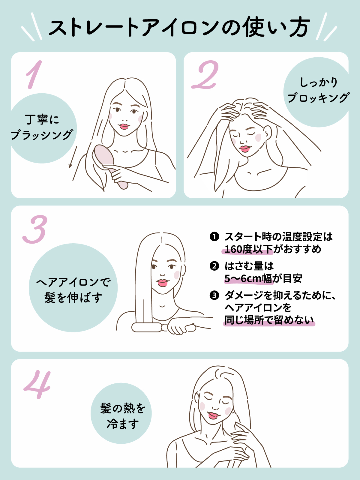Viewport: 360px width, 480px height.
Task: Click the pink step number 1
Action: [x=34, y=75]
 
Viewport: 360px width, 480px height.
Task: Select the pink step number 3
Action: [x=35, y=229]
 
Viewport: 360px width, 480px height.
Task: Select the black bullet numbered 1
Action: [x=214, y=237]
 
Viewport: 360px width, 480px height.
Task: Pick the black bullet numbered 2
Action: [x=214, y=266]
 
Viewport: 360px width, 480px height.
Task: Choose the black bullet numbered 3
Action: [x=214, y=295]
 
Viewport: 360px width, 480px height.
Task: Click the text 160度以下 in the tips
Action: [x=248, y=249]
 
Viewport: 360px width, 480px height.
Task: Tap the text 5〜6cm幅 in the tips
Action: [x=248, y=279]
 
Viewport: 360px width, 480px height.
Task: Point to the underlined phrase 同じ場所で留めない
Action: [x=269, y=320]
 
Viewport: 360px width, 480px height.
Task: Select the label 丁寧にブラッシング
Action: [x=42, y=127]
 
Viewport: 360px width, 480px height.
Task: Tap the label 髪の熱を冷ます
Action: [x=122, y=416]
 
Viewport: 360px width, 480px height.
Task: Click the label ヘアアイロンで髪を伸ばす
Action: [x=73, y=290]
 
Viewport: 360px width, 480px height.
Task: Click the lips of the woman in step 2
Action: [x=245, y=148]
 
